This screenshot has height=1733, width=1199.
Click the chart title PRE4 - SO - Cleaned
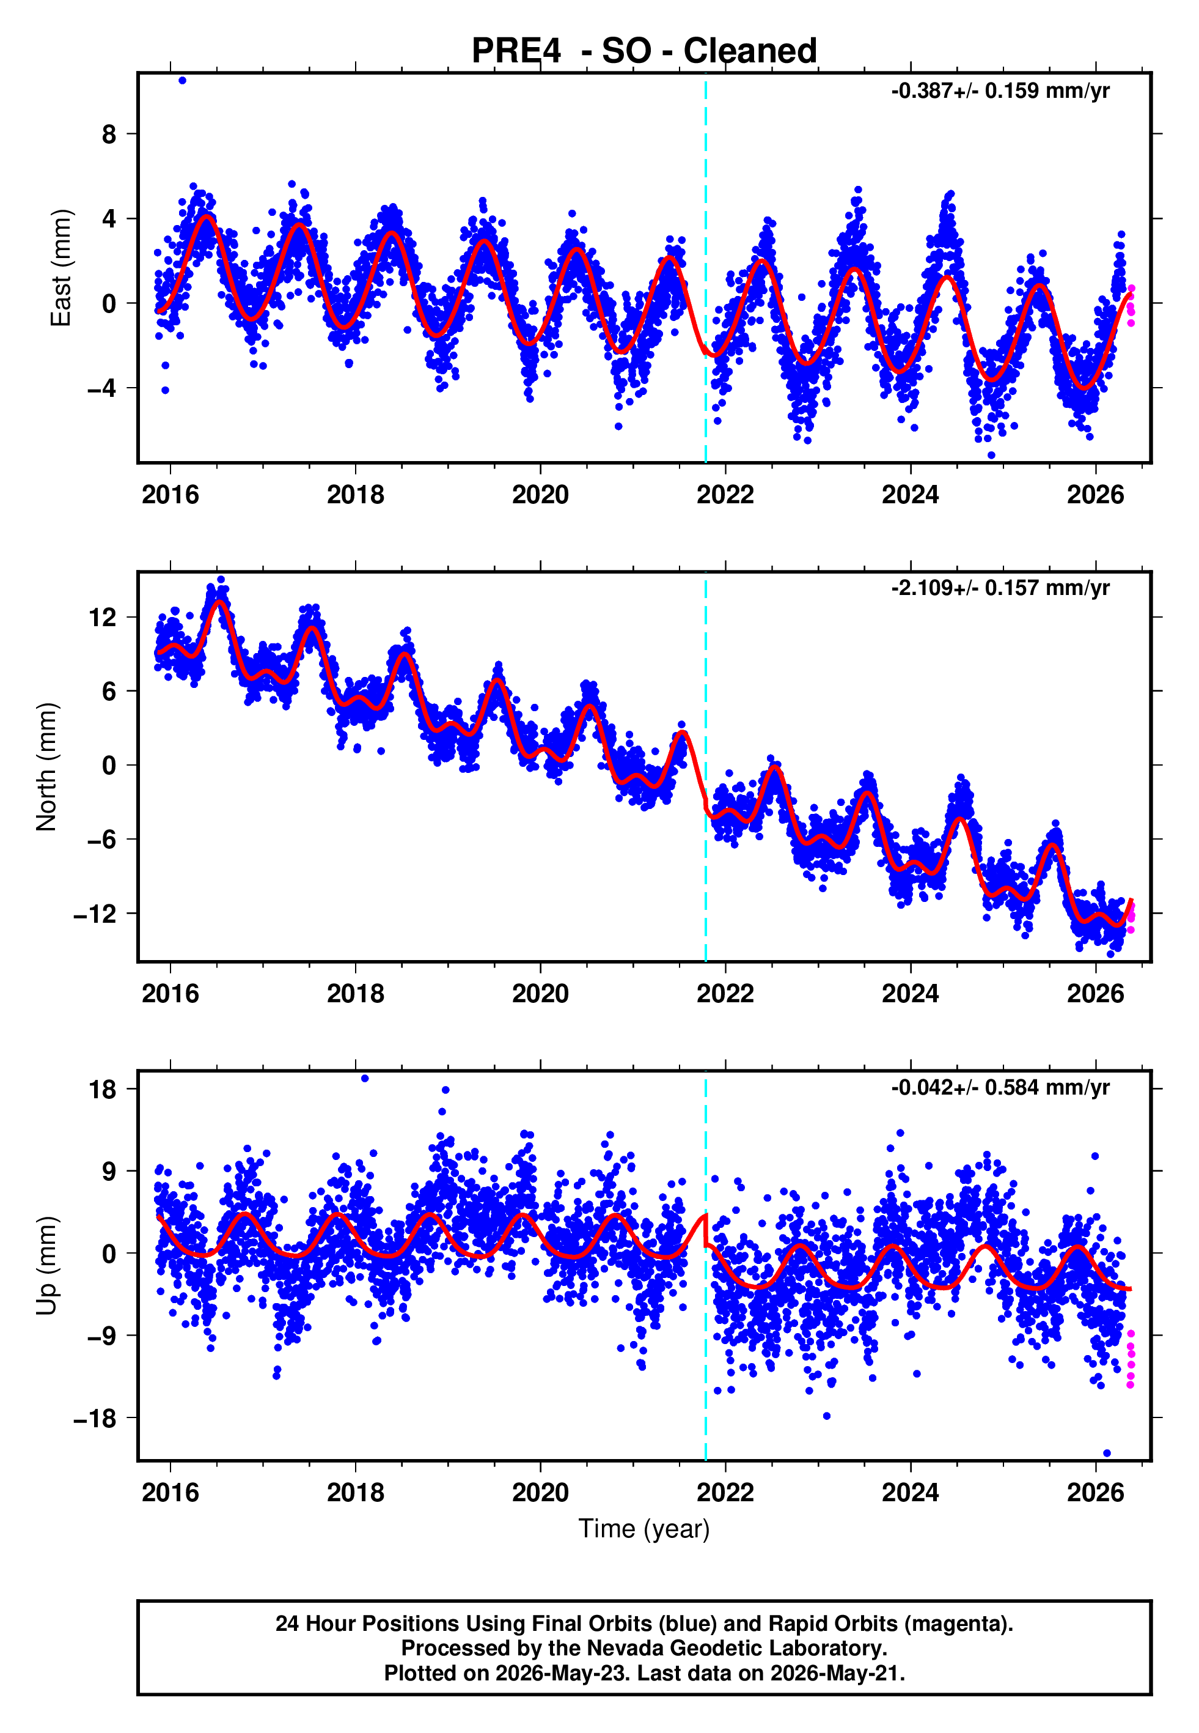[644, 50]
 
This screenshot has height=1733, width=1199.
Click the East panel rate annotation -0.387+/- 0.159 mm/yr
[1000, 91]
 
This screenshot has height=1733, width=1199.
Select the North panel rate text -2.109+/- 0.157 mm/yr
[1000, 588]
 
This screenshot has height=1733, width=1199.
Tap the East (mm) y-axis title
[61, 268]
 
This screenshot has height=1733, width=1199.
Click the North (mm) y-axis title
[46, 767]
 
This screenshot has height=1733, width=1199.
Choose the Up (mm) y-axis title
[46, 1266]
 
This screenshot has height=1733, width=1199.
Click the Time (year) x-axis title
[644, 1529]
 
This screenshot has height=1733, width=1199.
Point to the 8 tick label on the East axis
[109, 135]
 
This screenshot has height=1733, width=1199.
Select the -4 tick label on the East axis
[101, 388]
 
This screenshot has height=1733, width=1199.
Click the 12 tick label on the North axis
[103, 618]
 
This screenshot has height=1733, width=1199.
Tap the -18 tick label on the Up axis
[95, 1418]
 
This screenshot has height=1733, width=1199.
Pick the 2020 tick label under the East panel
[540, 495]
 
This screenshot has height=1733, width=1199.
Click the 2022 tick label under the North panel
[725, 994]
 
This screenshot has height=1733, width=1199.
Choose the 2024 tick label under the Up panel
[910, 1493]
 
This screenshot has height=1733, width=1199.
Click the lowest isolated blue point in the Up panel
[1107, 1454]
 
